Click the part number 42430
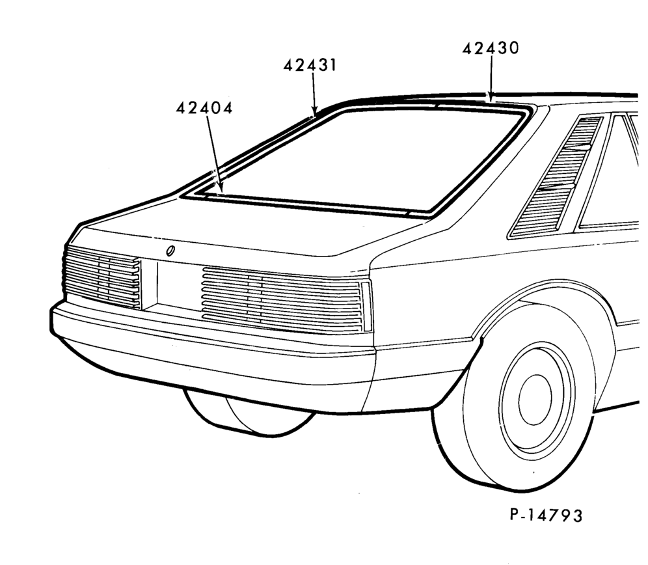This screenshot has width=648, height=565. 490,48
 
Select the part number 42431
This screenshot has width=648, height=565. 310,65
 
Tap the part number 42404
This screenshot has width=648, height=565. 204,108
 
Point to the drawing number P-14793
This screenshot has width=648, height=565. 546,515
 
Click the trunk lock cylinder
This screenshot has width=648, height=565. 170,251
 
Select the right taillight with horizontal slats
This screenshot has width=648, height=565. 282,299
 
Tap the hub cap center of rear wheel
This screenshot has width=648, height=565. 535,400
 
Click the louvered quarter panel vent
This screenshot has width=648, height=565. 556,177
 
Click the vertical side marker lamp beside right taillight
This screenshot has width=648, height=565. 366,306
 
